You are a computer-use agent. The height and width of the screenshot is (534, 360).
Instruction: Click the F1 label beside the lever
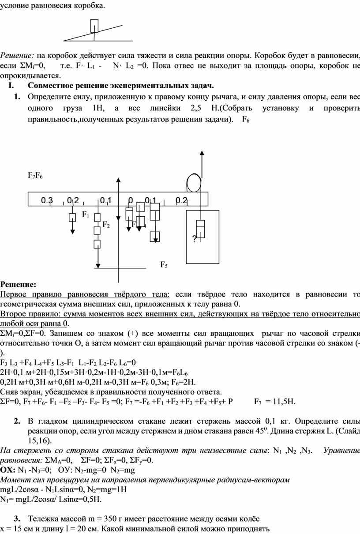click(86, 215)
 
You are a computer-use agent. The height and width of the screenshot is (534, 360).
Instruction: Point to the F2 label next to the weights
click(106, 225)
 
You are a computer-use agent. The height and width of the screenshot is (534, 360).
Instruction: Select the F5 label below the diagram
click(164, 264)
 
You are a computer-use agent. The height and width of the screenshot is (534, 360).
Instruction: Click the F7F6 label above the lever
click(35, 176)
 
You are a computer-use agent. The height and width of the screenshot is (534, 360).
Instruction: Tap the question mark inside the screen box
click(194, 239)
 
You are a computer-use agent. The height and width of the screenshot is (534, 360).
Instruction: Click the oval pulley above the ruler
click(193, 183)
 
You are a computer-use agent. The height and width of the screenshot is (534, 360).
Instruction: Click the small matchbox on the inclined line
click(94, 26)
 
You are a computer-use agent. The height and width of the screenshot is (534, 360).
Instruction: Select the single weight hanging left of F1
click(72, 217)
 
